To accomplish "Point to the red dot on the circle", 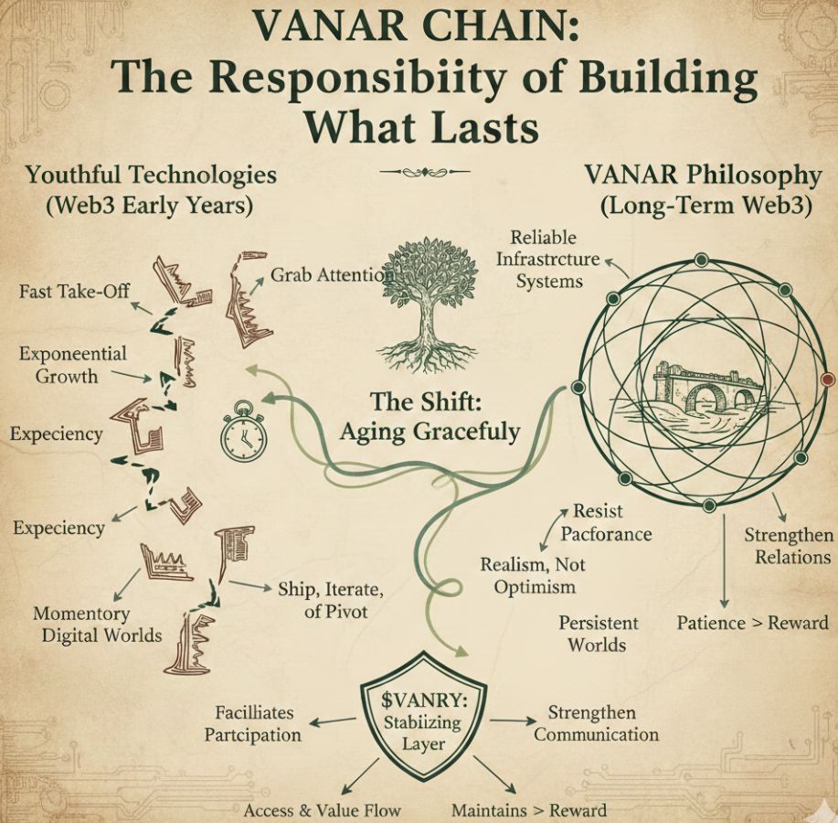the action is point(828,379).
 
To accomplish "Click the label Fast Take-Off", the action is point(75,292).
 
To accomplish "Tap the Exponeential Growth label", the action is point(72,364).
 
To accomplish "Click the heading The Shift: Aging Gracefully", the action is point(430,416).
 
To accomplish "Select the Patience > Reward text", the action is point(752,623).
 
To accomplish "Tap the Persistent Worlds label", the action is point(599,633).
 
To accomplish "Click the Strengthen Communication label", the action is point(596,723).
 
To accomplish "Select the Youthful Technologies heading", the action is point(151,174).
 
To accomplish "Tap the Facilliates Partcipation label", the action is point(253,723).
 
